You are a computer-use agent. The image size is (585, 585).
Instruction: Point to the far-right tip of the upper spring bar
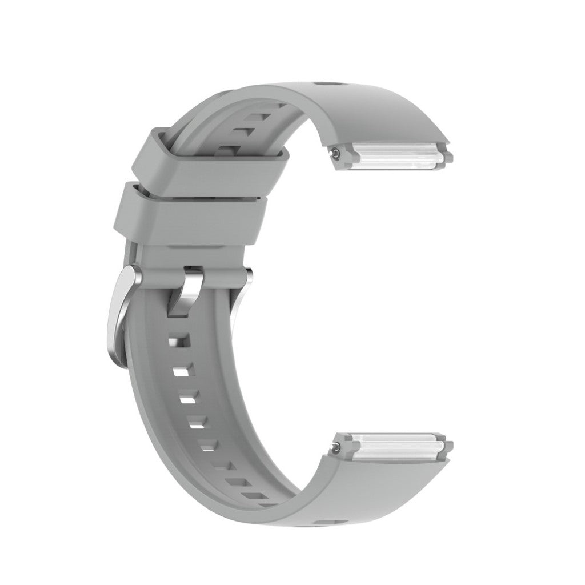449,157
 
